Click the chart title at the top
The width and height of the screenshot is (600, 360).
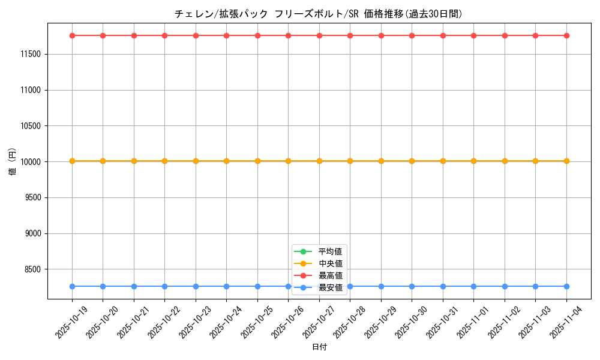319,14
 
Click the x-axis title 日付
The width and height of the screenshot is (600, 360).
319,347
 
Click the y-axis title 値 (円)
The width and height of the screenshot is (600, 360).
12,162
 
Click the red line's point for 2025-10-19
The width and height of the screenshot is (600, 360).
72,35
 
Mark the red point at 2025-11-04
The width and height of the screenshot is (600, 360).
566,35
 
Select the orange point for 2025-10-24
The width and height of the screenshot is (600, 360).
226,161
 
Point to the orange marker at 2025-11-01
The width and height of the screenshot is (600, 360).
473,161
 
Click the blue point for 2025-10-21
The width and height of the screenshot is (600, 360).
134,286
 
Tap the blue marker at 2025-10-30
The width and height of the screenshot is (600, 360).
412,286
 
